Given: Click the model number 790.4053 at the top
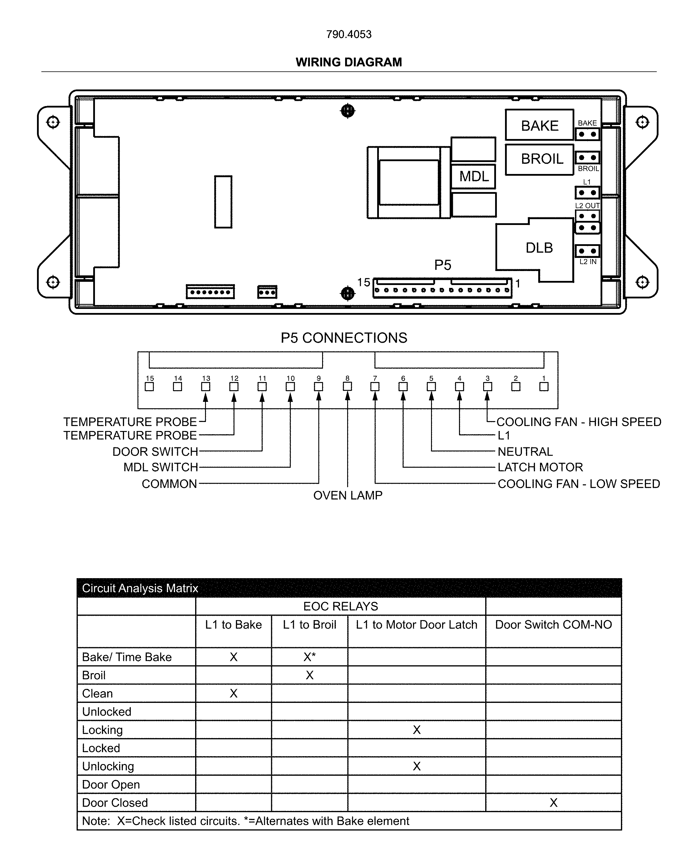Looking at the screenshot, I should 349,34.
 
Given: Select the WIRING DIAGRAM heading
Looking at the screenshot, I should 349,62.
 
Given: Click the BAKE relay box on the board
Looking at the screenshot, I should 539,125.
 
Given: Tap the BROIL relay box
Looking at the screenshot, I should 539,159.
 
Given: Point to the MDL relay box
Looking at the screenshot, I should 474,176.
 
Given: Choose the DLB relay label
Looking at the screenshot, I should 539,248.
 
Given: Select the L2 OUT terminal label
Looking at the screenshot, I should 587,205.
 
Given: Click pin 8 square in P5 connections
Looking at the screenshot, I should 347,386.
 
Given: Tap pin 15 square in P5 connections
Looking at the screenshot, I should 149,386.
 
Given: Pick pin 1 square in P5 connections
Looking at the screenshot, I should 544,386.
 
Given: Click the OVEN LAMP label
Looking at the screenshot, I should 347,495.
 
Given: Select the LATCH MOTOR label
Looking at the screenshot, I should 540,467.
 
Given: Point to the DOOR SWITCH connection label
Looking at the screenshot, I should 155,451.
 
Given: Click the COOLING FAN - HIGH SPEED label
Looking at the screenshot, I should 578,422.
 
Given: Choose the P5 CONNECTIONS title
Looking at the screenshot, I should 344,338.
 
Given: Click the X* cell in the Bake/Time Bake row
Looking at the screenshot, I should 309,657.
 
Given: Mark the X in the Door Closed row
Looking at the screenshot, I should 553,803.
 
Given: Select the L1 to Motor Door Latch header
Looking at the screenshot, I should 416,624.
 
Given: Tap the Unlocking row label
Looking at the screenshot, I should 108,766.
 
